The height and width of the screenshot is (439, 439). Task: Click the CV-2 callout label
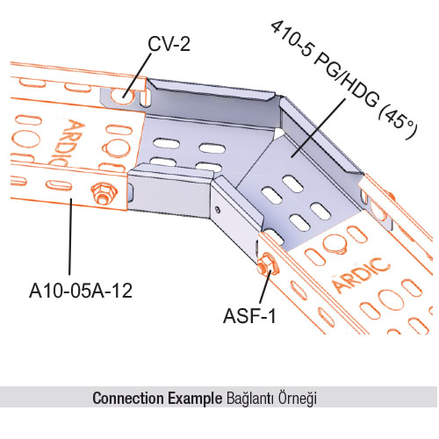click(169, 44)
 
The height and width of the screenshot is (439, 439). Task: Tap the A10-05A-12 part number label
click(81, 291)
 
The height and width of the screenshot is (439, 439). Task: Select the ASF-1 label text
click(249, 316)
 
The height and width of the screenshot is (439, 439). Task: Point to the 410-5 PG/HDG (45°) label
click(343, 79)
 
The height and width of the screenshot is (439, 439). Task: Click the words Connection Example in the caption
click(157, 398)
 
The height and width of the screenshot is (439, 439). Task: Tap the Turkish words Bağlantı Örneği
click(271, 398)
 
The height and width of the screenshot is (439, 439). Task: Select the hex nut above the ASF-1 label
click(268, 263)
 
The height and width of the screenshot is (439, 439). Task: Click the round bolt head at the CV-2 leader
click(123, 97)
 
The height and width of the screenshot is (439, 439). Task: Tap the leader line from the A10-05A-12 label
click(70, 236)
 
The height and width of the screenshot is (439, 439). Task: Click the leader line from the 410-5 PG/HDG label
click(318, 128)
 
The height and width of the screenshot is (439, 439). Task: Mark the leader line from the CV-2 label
click(138, 76)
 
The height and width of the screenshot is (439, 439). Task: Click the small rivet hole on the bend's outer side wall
click(217, 209)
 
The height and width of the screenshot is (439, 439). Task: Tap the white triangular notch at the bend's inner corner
click(278, 133)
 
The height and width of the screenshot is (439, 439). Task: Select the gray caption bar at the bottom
click(219, 397)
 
